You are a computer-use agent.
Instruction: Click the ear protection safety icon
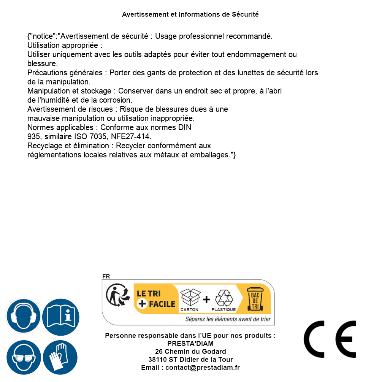pos(23,316)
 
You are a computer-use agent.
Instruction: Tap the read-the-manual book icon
pos(61,316)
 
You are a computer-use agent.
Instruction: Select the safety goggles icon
pos(23,358)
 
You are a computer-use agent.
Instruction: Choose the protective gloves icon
pos(60,358)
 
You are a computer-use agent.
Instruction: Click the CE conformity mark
pos(330,339)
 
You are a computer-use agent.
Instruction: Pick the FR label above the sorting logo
pos(106,276)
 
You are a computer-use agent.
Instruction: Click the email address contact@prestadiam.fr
pos(203,368)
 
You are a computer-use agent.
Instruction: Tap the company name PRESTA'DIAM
pos(190,344)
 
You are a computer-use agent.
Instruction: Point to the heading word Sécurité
pos(245,14)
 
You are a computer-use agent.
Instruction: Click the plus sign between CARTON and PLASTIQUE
pos(206,300)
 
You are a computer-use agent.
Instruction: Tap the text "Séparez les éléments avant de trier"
pos(228,319)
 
